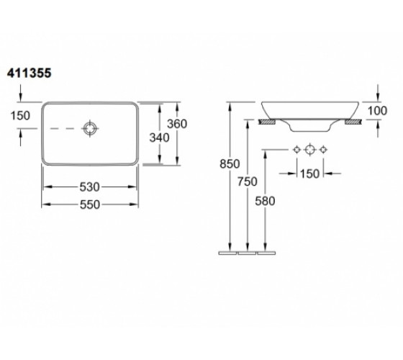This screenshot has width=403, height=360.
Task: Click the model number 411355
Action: point(30,73)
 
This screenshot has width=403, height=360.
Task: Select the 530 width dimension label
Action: point(89,187)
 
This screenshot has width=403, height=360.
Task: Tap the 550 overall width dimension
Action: point(90,204)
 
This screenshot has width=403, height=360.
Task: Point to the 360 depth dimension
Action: point(177,124)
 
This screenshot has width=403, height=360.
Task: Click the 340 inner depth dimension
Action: point(159,138)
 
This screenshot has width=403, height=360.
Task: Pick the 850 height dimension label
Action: point(230,164)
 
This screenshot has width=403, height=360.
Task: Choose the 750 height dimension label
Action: point(248,181)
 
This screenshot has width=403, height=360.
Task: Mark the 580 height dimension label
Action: point(265,201)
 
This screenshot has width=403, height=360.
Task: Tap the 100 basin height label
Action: point(377,111)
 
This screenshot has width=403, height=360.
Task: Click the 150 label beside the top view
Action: point(20,115)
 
